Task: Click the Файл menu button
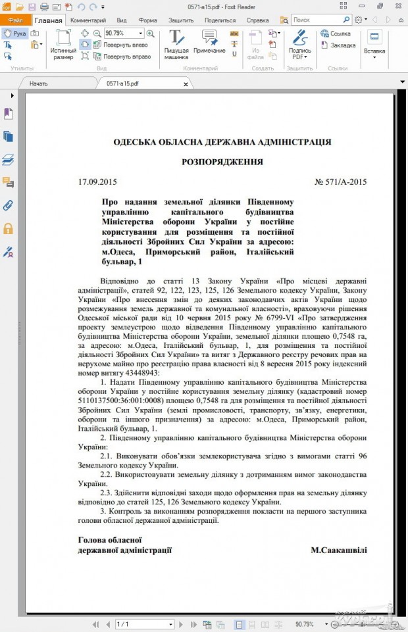[14, 20]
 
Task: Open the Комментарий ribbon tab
[88, 20]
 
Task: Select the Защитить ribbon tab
[180, 20]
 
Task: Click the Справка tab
[257, 20]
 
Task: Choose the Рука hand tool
[16, 33]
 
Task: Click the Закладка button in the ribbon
[343, 45]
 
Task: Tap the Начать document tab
[38, 84]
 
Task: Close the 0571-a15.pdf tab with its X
[186, 84]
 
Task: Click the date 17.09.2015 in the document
[97, 182]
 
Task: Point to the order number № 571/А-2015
[340, 182]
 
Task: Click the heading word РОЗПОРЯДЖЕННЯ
[222, 162]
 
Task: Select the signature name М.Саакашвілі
[338, 550]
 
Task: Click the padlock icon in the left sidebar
[9, 228]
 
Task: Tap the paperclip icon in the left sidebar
[9, 205]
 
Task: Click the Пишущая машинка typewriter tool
[176, 45]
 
